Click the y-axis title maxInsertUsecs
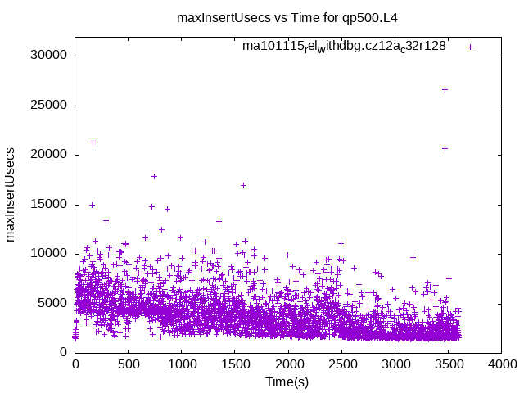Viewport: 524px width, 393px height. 11,194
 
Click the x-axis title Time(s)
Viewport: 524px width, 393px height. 287,382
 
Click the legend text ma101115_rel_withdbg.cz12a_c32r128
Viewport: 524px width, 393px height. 344,47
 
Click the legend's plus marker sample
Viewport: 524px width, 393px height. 470,47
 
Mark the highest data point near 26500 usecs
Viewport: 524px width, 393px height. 445,89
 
